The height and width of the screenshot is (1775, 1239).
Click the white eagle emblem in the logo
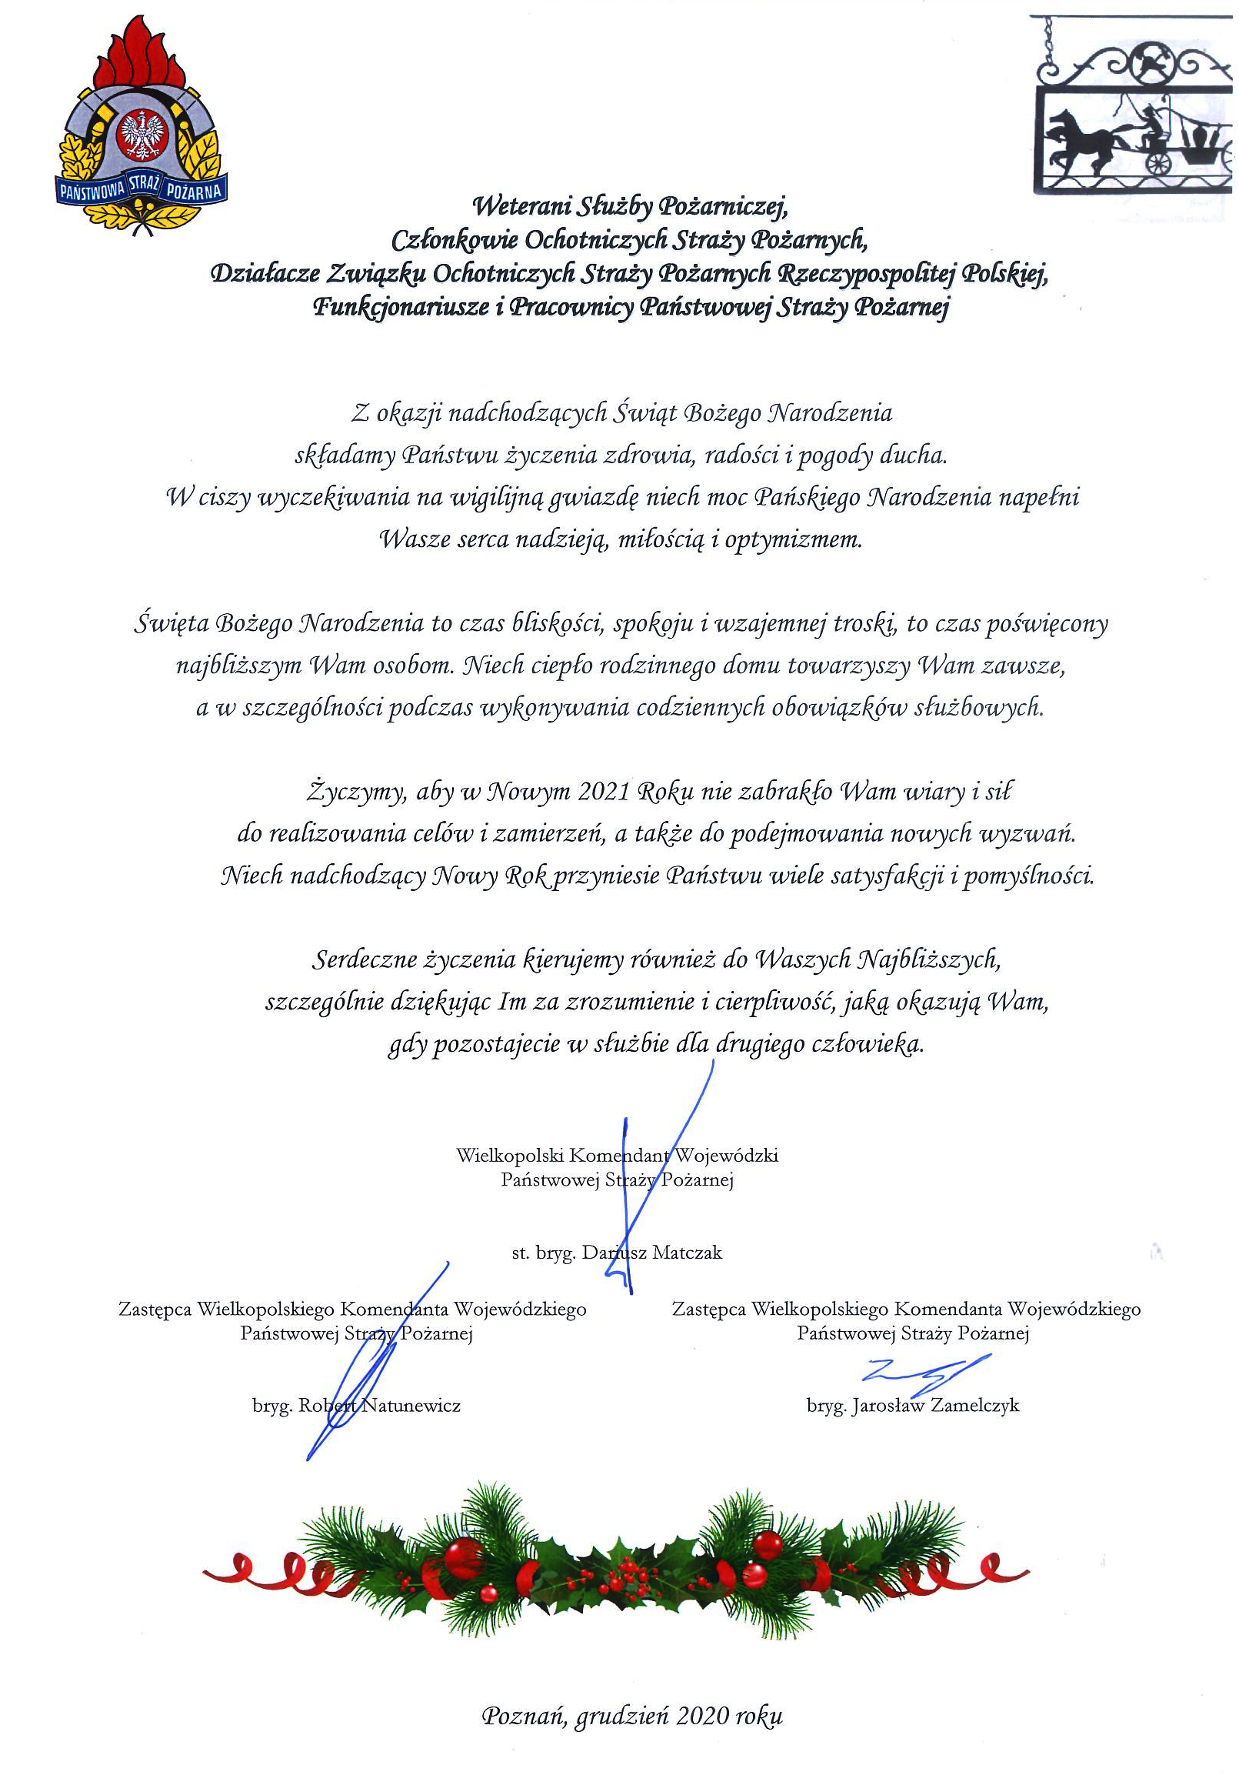(x=142, y=134)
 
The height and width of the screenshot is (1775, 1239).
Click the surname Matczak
(x=686, y=1253)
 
